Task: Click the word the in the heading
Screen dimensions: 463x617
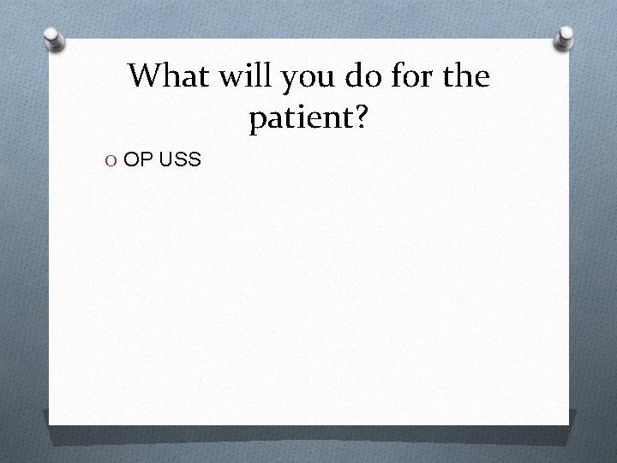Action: click(x=466, y=77)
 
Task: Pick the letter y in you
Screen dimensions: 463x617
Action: click(x=287, y=81)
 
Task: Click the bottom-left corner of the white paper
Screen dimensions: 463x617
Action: click(x=49, y=425)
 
